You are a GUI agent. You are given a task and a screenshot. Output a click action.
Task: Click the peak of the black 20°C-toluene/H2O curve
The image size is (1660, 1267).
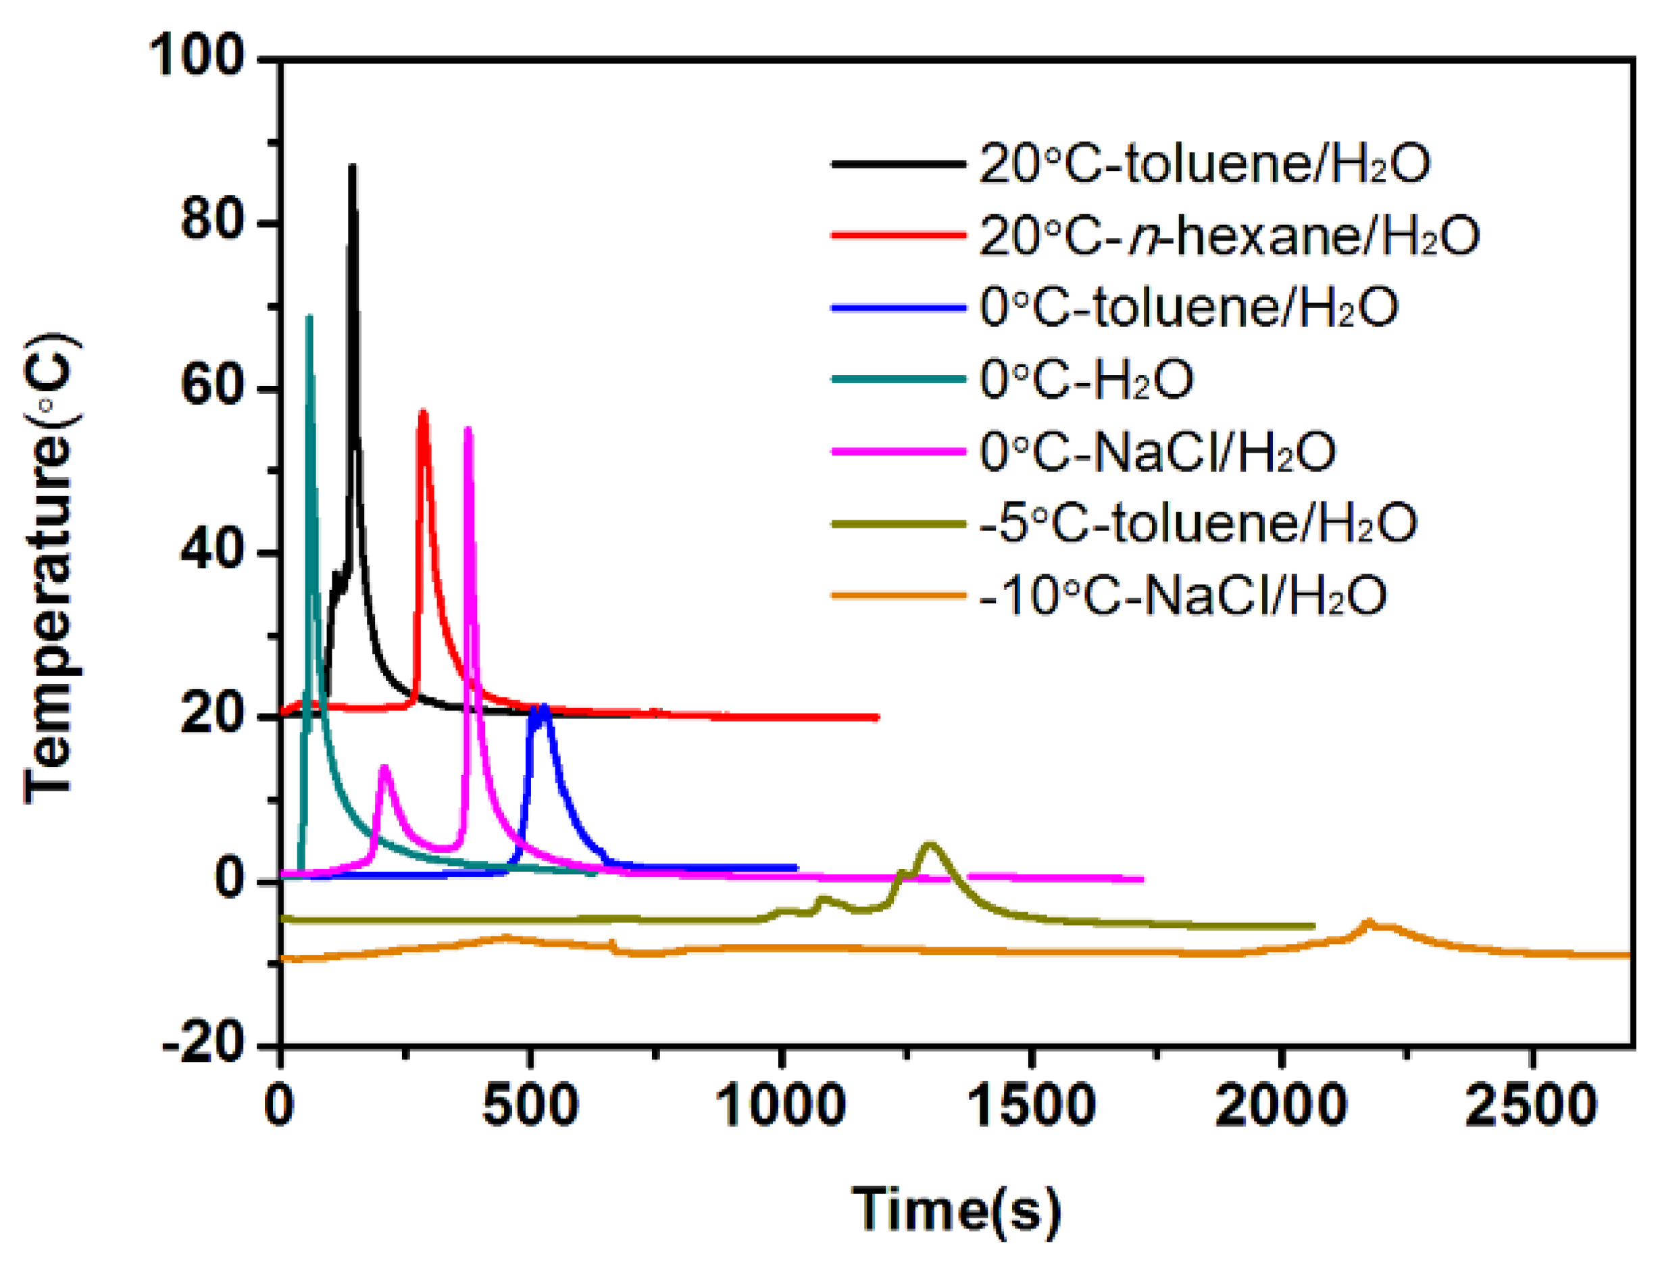click(351, 167)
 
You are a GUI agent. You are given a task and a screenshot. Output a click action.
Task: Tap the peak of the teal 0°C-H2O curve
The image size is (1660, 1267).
click(308, 318)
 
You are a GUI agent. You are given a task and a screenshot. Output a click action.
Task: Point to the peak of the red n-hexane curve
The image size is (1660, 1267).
click(423, 412)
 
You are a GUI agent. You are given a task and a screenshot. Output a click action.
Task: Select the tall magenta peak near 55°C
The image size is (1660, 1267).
click(468, 429)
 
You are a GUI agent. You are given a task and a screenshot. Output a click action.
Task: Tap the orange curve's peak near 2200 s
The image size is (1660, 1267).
click(1368, 921)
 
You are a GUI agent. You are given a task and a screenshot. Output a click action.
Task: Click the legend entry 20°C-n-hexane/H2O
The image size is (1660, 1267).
click(1229, 236)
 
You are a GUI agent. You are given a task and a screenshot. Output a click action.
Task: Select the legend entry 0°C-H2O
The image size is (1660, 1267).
click(1086, 379)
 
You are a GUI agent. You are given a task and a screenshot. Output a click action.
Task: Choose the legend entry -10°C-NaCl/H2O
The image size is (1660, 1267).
click(1183, 595)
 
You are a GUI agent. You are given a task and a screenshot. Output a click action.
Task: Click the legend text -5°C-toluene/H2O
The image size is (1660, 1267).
click(1198, 524)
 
